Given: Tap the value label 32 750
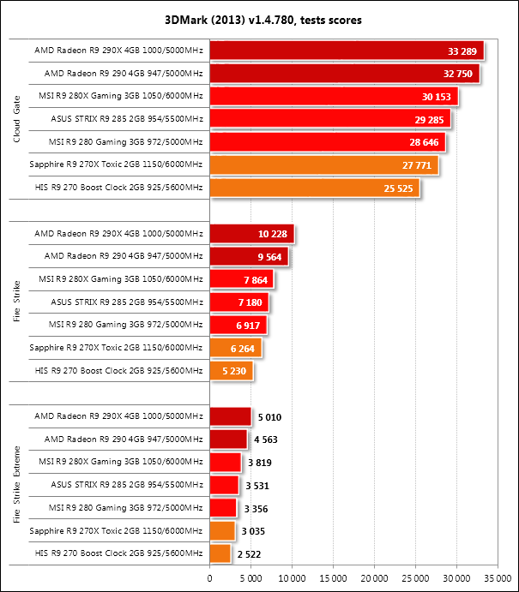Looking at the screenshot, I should [x=456, y=74].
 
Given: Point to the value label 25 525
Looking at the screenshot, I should [x=397, y=188].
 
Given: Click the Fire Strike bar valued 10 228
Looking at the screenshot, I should [x=251, y=233].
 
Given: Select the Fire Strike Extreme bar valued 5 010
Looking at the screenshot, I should [x=230, y=416].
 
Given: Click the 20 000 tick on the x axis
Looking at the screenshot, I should [x=374, y=577].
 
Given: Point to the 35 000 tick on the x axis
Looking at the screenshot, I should [x=497, y=577].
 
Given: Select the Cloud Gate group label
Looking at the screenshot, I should [x=16, y=119].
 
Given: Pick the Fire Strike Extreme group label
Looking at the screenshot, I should [x=16, y=485].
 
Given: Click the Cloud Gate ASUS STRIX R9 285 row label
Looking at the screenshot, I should [x=119, y=119].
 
